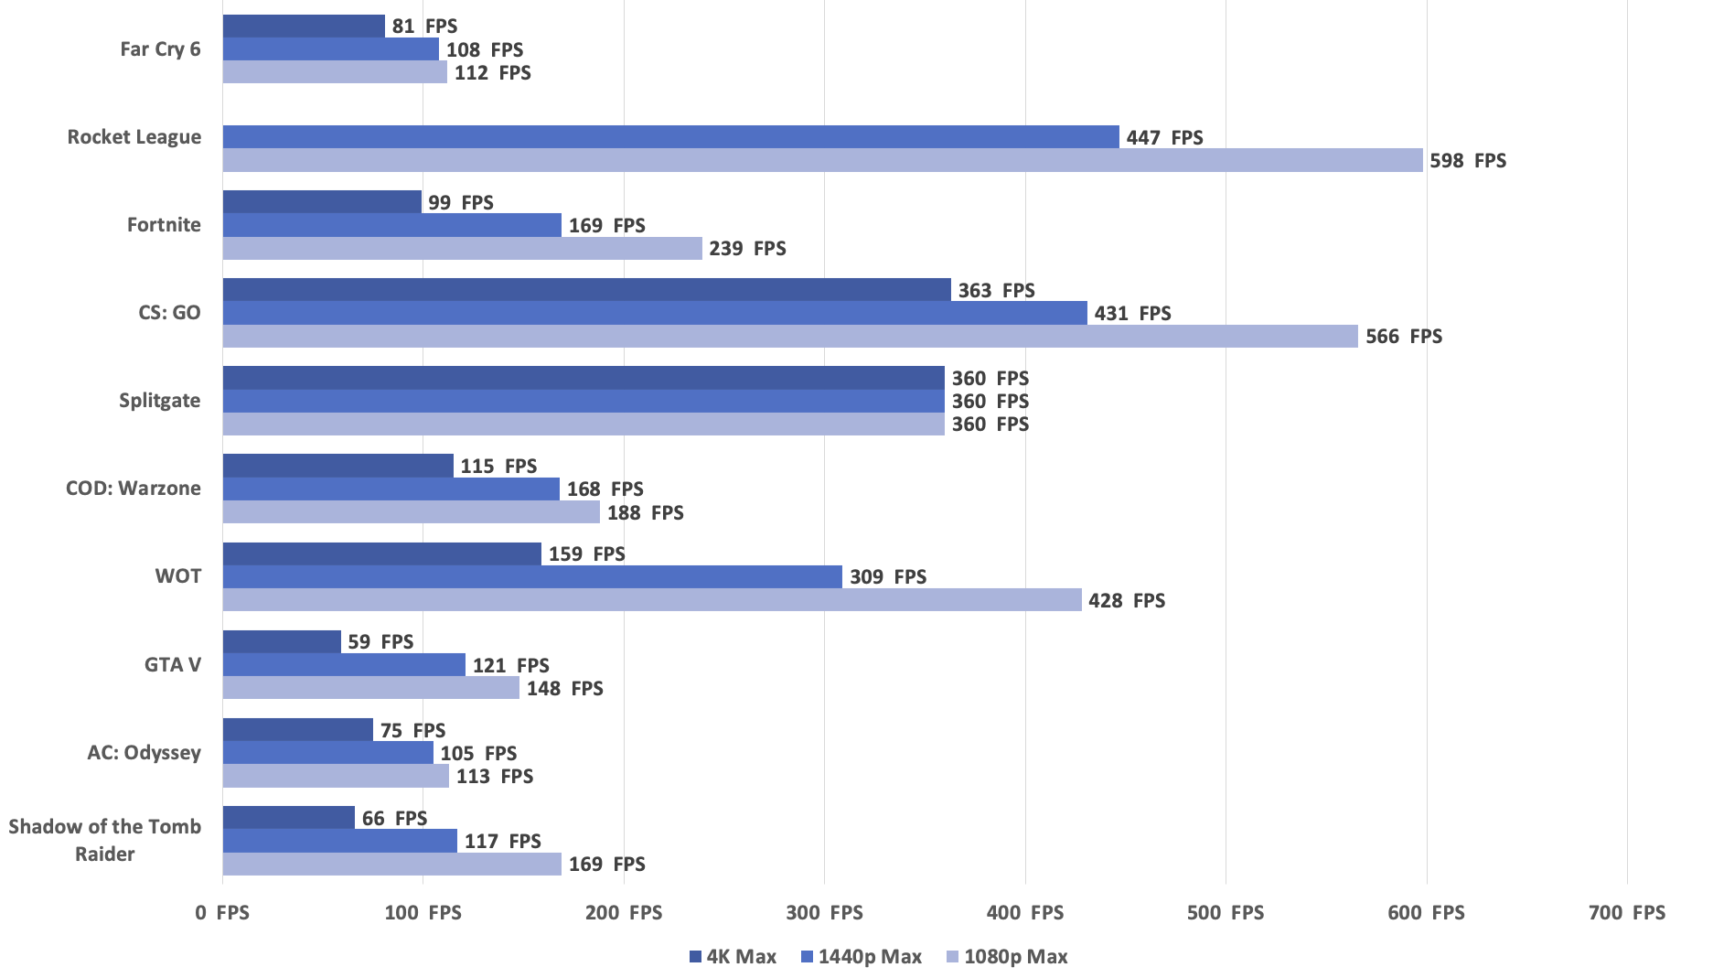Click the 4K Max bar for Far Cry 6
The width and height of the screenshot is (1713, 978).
(304, 26)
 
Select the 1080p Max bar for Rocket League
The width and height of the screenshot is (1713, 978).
(822, 160)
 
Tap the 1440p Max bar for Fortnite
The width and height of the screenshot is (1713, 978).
(392, 225)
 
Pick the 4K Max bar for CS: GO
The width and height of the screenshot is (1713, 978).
(587, 290)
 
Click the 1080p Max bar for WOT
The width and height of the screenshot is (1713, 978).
(652, 600)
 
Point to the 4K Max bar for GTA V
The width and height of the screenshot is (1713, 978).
(282, 641)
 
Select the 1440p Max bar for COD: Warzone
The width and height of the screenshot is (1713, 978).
(391, 489)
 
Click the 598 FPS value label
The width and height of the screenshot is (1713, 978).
(1468, 161)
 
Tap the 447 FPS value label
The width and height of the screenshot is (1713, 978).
(1165, 138)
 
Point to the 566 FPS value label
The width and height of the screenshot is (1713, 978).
(1404, 337)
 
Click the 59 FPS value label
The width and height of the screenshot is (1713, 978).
(380, 642)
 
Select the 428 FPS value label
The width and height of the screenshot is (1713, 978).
(1127, 601)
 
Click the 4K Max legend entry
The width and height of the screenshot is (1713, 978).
(733, 957)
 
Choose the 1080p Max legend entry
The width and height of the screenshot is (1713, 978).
(1007, 957)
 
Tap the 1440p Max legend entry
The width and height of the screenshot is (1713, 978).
(862, 957)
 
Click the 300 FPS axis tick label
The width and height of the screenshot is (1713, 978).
(824, 913)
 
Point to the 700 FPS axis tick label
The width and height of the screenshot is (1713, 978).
(1627, 913)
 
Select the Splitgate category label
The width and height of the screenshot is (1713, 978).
(160, 401)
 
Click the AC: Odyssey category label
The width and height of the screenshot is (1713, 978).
(145, 753)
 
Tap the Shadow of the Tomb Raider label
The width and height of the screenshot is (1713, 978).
(105, 840)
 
